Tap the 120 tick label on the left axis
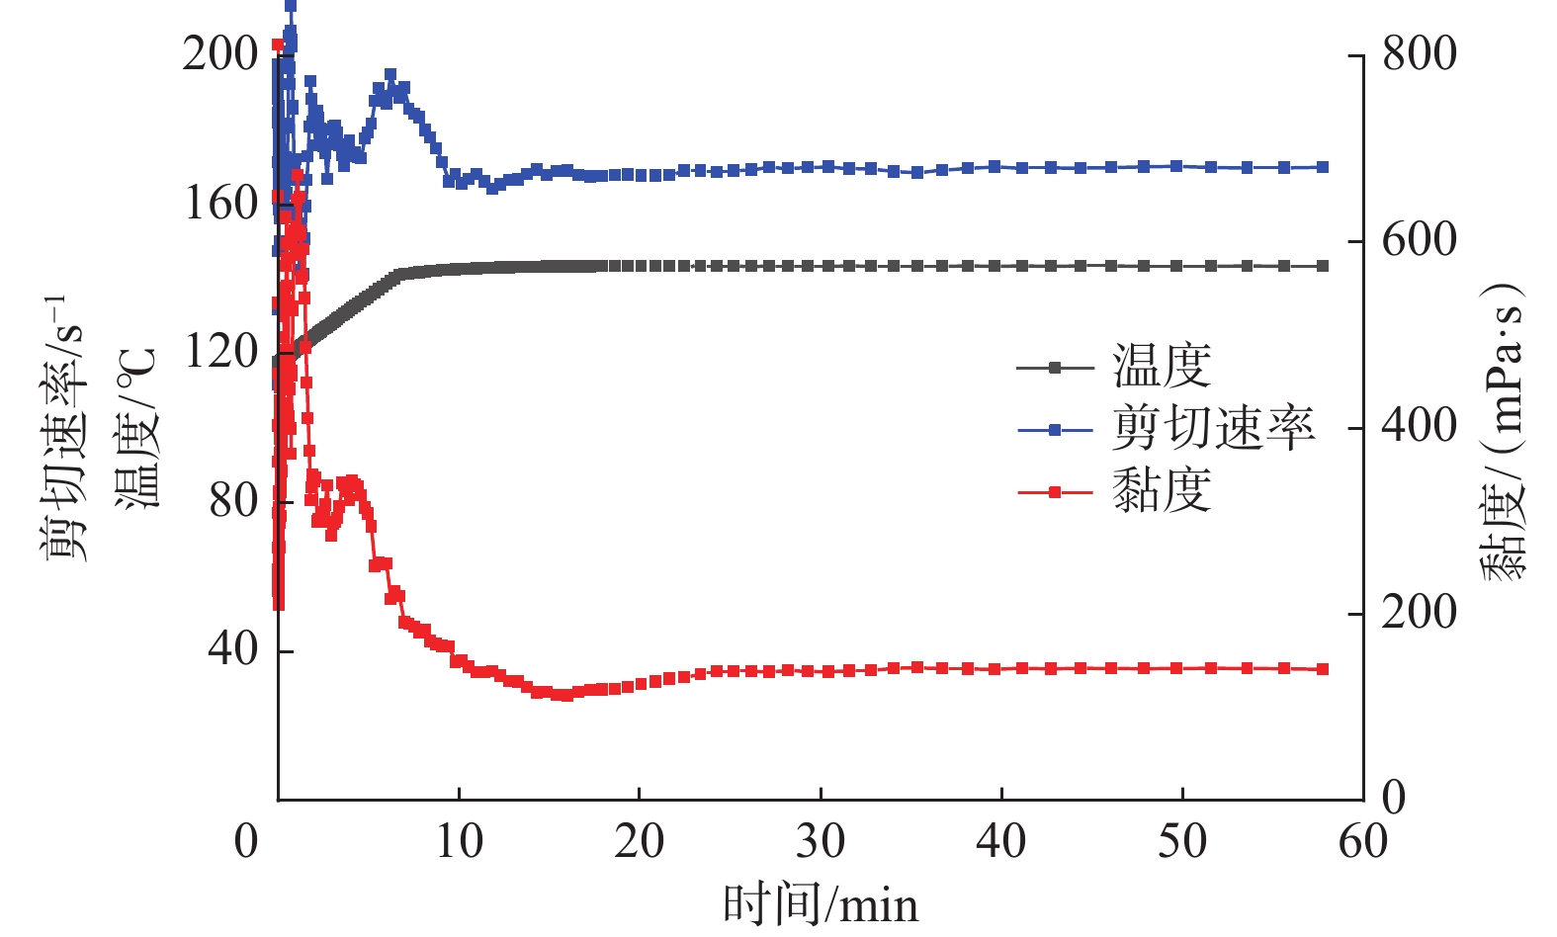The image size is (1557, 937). tap(219, 351)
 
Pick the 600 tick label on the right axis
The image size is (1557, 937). tap(1419, 240)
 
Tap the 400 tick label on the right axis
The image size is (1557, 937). tap(1419, 426)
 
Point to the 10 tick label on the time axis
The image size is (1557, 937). tap(459, 841)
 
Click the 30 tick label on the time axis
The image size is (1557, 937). tap(821, 841)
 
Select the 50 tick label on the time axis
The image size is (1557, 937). tap(1182, 841)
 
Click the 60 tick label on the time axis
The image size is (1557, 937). tap(1363, 841)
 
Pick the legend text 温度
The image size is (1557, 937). tap(1162, 367)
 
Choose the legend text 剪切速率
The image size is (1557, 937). tap(1213, 428)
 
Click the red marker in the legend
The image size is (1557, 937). tap(1055, 491)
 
